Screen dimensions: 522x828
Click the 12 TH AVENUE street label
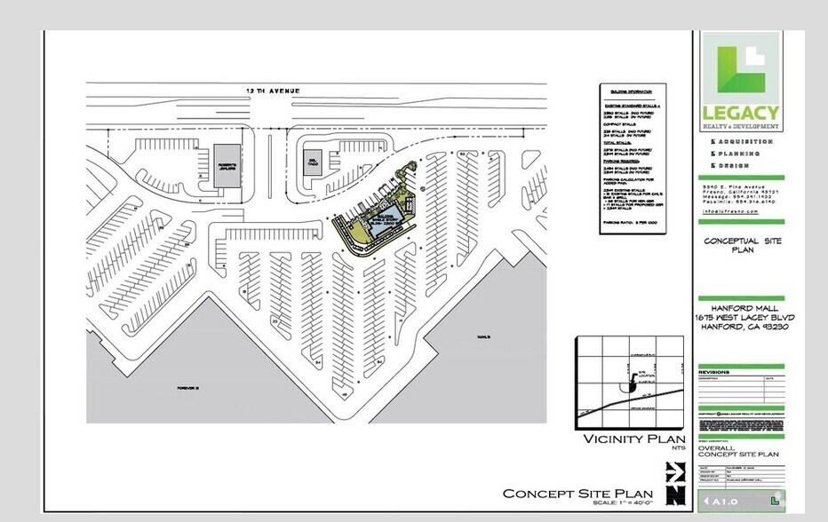274,91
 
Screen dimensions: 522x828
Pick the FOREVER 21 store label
187,388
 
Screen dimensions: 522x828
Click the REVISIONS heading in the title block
714,372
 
